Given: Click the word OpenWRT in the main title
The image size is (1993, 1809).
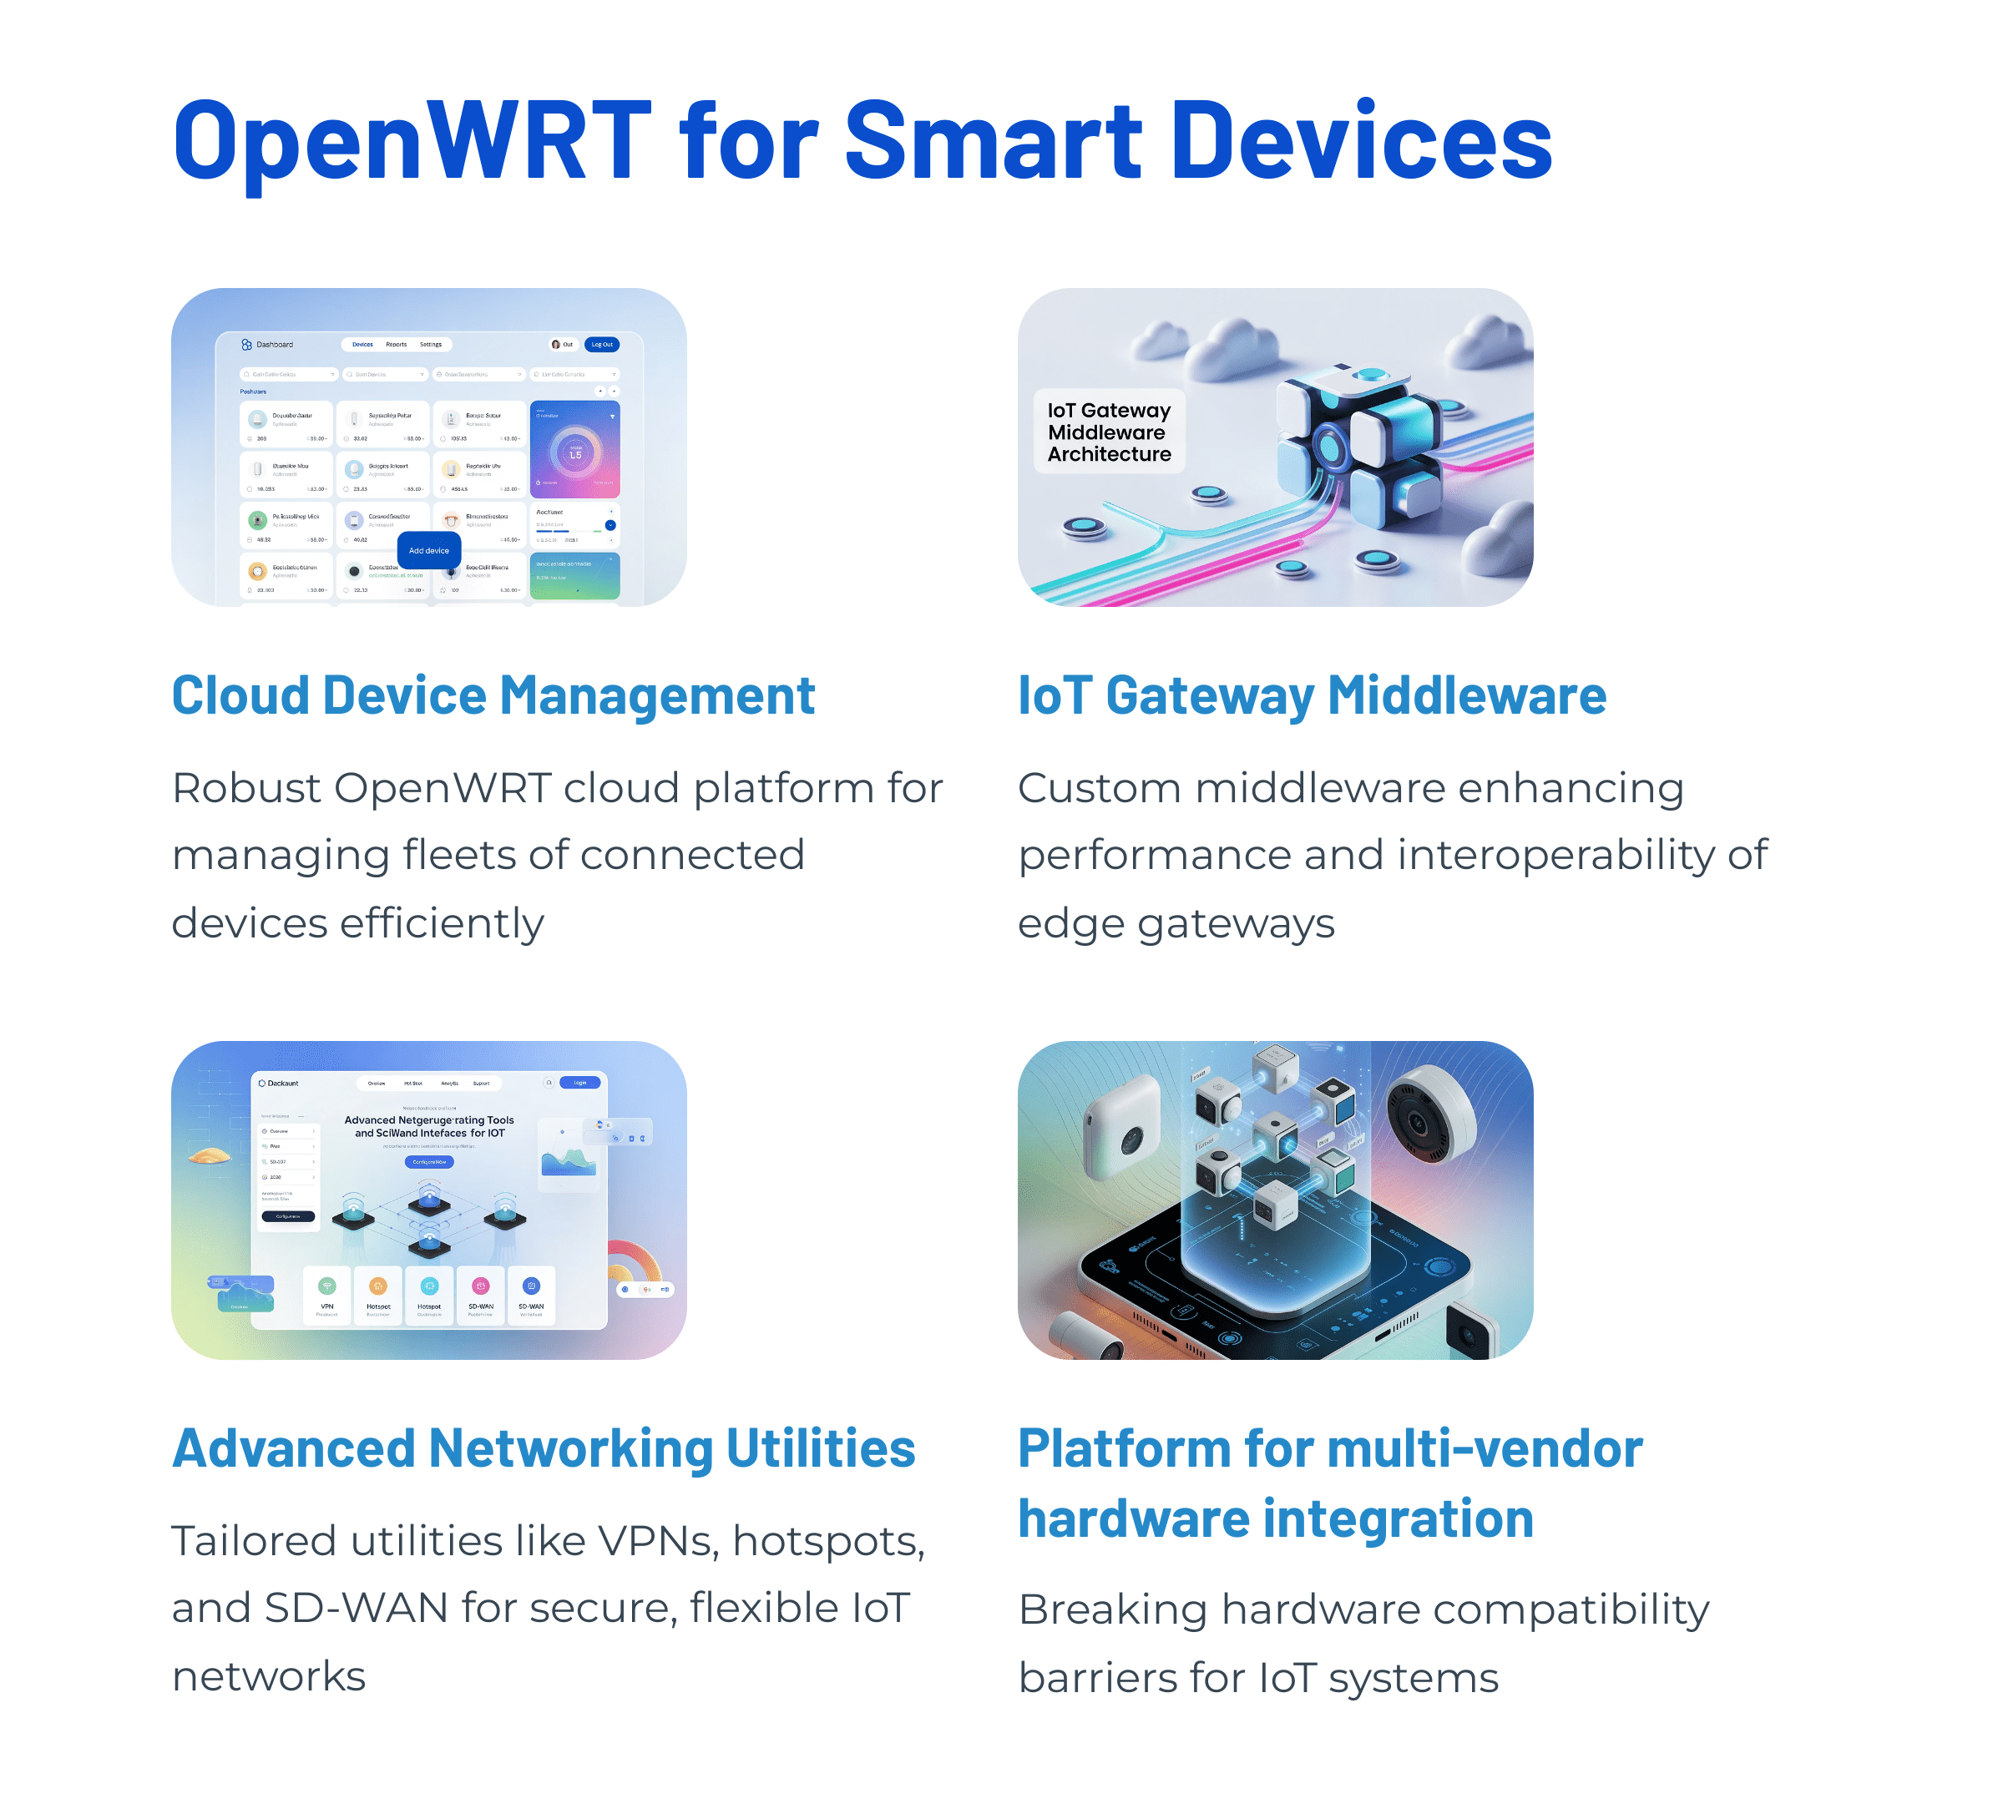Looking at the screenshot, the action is click(x=412, y=140).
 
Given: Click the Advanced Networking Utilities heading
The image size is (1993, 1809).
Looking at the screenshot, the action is click(x=544, y=1448).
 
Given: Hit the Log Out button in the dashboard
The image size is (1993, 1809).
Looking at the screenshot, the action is click(x=602, y=345).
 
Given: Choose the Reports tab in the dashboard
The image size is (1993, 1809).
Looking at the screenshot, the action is click(x=397, y=345).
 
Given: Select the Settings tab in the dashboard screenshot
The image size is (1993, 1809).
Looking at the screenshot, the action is click(x=431, y=345).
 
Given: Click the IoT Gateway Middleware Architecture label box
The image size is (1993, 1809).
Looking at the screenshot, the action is click(x=1108, y=432).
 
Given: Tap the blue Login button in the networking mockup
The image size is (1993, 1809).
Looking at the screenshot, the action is click(x=579, y=1083).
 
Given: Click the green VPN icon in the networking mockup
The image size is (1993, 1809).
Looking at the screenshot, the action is click(x=327, y=1286).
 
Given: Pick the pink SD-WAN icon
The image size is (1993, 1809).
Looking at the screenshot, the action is click(x=480, y=1286).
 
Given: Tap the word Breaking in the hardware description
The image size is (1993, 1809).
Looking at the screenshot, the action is click(x=1112, y=1609).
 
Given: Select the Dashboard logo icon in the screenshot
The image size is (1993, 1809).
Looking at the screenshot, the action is click(x=246, y=345).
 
